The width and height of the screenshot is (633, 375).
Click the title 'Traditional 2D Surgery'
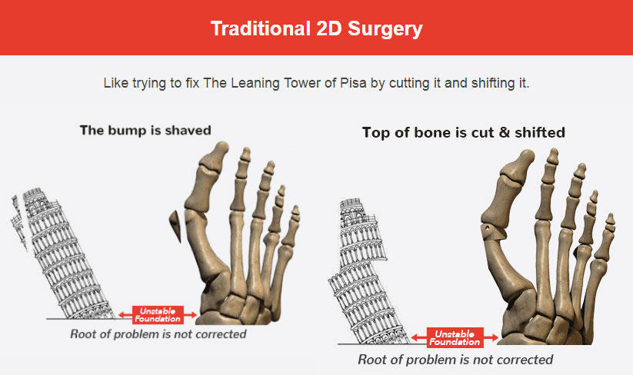(317, 28)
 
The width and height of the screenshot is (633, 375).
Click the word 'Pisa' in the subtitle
(353, 83)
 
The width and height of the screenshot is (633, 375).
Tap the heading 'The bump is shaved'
(145, 130)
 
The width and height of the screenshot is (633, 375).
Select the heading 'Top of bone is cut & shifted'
(464, 132)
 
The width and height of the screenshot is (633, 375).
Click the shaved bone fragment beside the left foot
(175, 226)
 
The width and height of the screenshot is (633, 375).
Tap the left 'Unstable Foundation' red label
(158, 315)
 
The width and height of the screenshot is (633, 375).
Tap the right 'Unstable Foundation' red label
(455, 338)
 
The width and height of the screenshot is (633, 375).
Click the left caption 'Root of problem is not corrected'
(158, 334)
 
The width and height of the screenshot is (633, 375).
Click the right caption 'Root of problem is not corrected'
(455, 360)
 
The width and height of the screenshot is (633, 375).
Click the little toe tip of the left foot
(296, 207)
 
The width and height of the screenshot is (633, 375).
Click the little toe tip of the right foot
(611, 216)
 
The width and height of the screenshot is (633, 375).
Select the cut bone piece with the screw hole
(491, 232)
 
